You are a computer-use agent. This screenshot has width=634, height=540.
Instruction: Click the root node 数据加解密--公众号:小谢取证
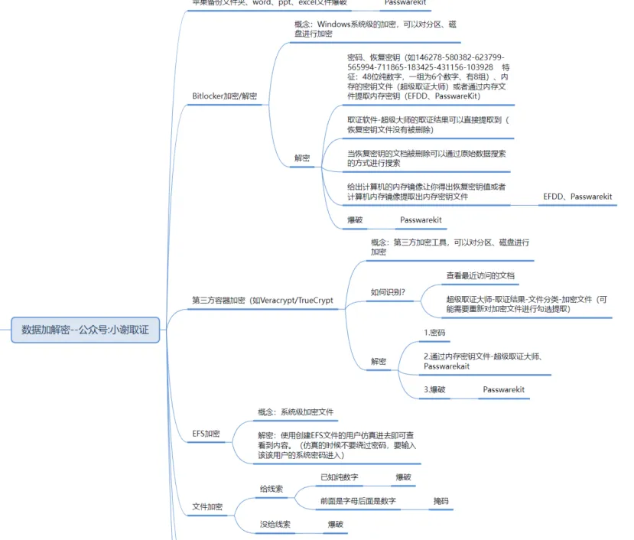point(85,330)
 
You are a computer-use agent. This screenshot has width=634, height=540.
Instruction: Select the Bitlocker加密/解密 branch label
point(224,96)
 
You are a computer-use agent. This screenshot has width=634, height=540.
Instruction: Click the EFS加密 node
point(206,433)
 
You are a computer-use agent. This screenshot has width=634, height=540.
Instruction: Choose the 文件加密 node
point(207,506)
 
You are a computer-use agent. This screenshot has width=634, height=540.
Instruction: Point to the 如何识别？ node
point(388,291)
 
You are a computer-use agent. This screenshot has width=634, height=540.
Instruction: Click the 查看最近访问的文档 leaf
point(486,275)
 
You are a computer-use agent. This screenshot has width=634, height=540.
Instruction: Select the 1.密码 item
point(434,333)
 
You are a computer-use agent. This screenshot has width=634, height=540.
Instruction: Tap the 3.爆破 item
point(434,389)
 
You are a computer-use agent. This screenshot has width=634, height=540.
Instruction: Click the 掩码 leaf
point(441,501)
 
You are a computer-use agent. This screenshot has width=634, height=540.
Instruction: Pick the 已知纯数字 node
point(340,477)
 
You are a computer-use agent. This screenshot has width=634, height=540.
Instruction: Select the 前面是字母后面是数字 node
point(358,501)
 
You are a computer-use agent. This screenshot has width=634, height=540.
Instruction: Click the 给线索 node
point(271,487)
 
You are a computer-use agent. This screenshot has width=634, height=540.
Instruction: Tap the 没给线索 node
point(275,525)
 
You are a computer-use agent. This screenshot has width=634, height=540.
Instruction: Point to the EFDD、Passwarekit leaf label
point(577,197)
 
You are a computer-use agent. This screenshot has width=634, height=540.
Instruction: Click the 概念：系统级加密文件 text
point(295,412)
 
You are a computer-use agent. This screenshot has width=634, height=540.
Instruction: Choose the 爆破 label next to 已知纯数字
point(403,477)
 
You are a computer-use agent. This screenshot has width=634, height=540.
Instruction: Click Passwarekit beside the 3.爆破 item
point(503,389)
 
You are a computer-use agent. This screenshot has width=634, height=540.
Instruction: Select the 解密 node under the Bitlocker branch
point(302,158)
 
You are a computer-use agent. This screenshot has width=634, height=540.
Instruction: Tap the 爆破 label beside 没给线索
point(336,525)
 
